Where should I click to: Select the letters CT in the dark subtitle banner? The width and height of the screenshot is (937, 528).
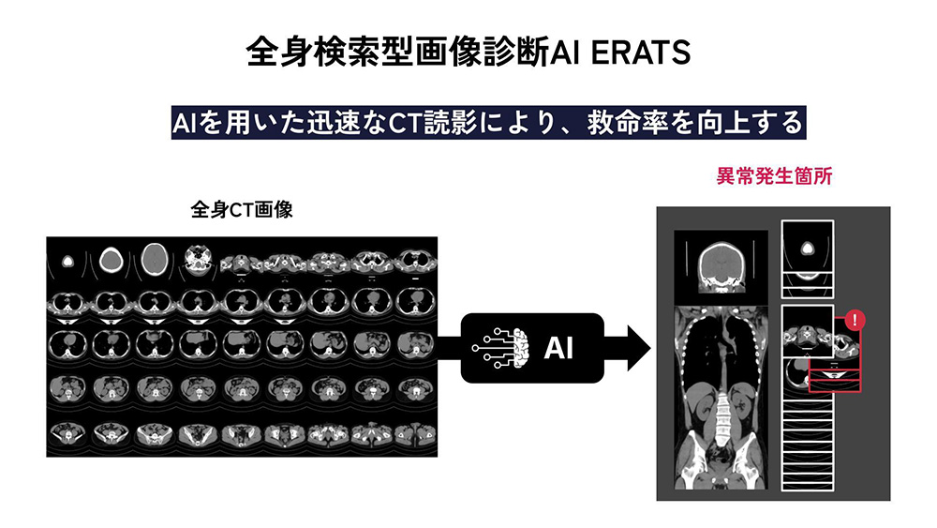(396, 123)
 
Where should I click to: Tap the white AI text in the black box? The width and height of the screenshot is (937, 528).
(559, 348)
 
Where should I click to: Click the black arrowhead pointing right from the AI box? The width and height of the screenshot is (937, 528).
(636, 348)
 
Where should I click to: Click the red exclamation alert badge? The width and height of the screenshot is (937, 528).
(854, 321)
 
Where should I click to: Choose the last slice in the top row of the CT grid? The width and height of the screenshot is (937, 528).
(416, 259)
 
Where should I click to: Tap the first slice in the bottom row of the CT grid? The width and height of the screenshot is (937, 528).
(67, 433)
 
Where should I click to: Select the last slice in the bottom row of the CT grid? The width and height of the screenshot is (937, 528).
(416, 433)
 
